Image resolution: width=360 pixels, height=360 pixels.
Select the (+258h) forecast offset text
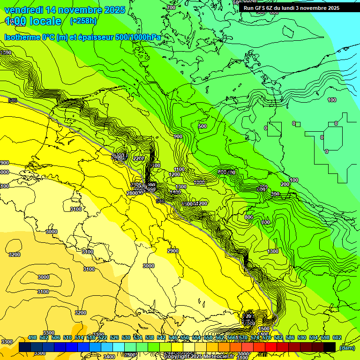pos(83,21)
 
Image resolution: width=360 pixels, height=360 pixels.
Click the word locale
pos(45,21)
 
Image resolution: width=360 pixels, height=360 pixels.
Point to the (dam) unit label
pos(347,348)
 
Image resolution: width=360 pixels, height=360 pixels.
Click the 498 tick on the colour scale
pos(32,337)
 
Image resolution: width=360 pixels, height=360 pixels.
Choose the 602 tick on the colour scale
pos(337,337)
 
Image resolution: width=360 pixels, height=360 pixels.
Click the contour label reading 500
pos(202,126)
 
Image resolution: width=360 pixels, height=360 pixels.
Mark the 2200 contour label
pos(139,159)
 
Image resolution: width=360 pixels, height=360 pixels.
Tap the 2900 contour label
pos(173,251)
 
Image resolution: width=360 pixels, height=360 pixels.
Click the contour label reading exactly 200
pos(285,184)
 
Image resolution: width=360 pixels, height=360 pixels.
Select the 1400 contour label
pos(175,192)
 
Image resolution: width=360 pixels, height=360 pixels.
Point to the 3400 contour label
pos(109,357)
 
